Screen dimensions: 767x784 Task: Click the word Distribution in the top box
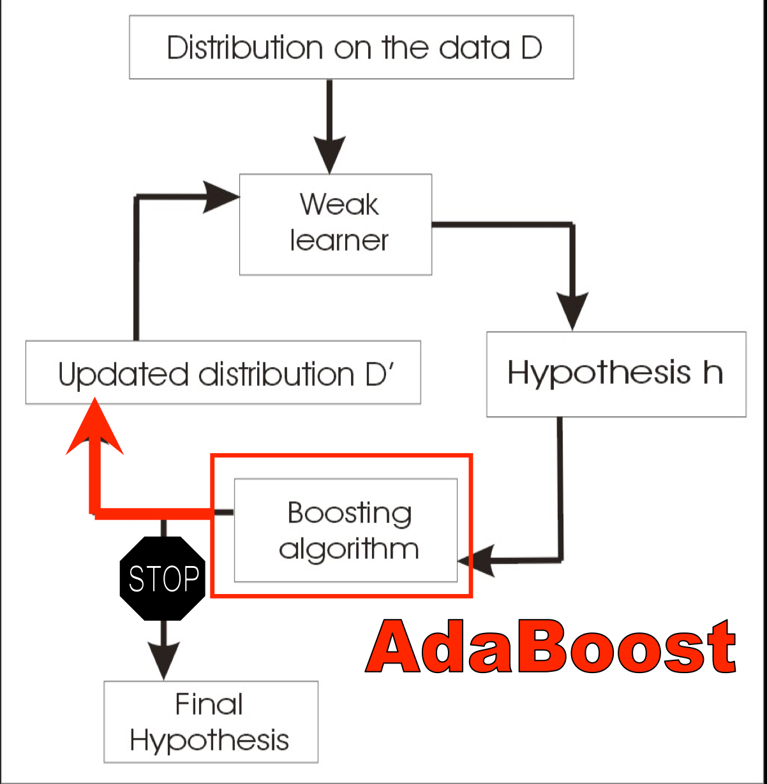[245, 48]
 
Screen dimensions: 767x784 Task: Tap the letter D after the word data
[532, 48]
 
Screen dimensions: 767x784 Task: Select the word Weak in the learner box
[339, 204]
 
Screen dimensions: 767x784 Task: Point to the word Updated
[123, 374]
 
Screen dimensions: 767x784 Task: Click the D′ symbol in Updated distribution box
[379, 374]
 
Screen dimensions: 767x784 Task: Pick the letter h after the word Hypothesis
[713, 372]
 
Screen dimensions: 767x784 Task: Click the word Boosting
[350, 513]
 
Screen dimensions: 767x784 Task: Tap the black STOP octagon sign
[163, 578]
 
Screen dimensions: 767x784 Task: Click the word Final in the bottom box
[209, 704]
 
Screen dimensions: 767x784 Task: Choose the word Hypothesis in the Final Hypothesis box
[209, 740]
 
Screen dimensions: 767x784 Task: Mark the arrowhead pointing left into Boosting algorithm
[476, 561]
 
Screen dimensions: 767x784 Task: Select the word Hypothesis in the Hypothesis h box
[599, 373]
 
